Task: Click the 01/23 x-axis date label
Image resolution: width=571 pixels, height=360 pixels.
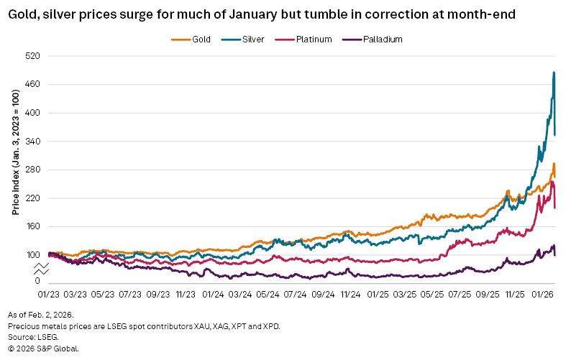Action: coord(48,294)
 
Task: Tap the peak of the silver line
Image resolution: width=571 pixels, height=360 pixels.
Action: coord(553,72)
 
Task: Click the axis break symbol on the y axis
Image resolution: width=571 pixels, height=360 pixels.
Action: coord(42,269)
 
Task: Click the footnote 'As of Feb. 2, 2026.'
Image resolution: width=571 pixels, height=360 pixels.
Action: coord(41,315)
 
